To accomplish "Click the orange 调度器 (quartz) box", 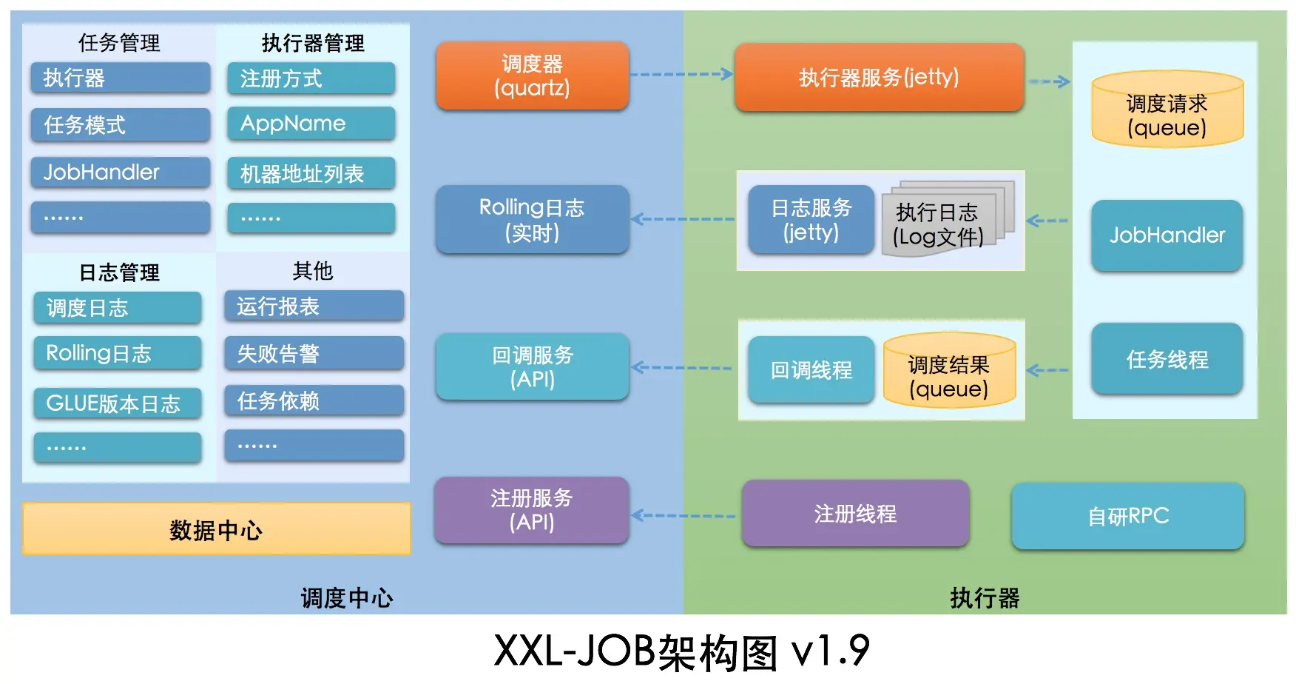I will point(532,76).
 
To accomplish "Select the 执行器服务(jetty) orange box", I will point(879,77).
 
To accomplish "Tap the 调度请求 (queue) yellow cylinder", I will point(1167,110).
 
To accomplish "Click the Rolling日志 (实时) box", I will point(532,219).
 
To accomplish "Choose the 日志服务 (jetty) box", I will point(811,219).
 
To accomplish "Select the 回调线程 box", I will point(811,369).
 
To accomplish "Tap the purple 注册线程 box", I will point(855,513).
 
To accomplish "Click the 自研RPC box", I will point(1127,516).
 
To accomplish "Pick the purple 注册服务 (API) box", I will point(532,510).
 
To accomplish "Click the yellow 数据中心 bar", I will point(216,529).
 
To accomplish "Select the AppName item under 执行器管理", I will point(311,124).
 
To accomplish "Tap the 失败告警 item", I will point(314,353).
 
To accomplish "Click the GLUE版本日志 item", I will point(117,403).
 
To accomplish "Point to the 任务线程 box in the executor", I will point(1167,359).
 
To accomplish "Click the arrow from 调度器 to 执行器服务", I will point(681,74).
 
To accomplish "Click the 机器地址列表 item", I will point(311,173).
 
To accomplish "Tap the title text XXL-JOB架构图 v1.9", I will point(681,651).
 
